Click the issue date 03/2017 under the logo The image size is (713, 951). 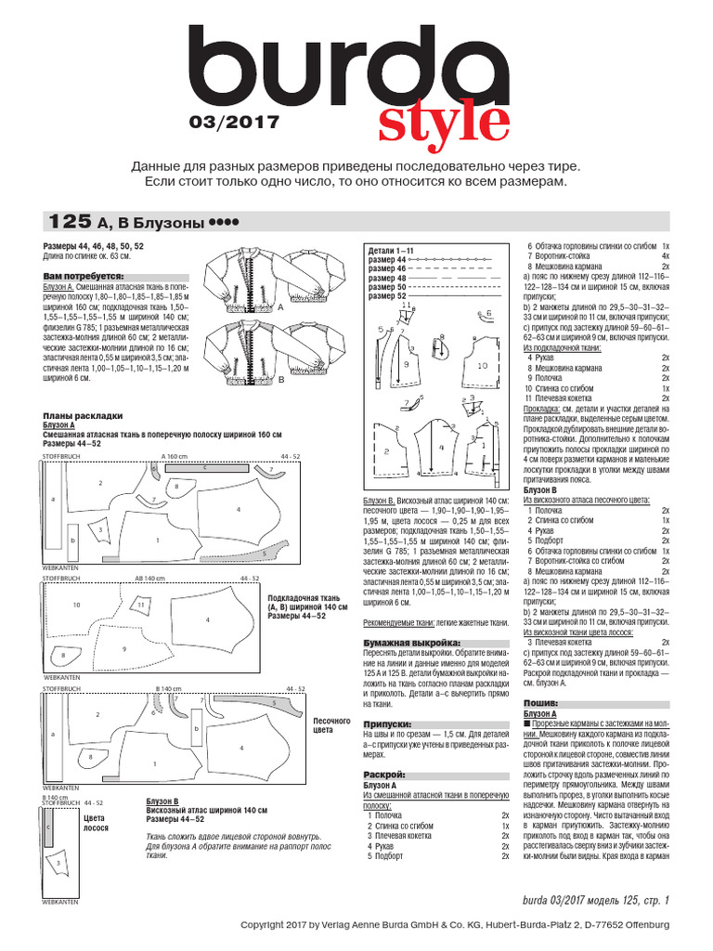click(x=233, y=121)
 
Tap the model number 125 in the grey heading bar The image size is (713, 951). click(x=70, y=222)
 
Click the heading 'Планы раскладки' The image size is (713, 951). click(x=83, y=415)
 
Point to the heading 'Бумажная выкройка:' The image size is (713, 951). click(x=409, y=643)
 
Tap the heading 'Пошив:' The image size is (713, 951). click(x=540, y=703)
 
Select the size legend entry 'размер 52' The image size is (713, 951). click(x=388, y=297)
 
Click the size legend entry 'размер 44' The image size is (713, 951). click(x=388, y=260)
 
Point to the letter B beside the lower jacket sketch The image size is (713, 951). click(x=279, y=381)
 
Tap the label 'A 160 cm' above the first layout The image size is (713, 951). click(x=175, y=457)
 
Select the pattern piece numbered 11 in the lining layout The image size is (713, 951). click(x=142, y=605)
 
